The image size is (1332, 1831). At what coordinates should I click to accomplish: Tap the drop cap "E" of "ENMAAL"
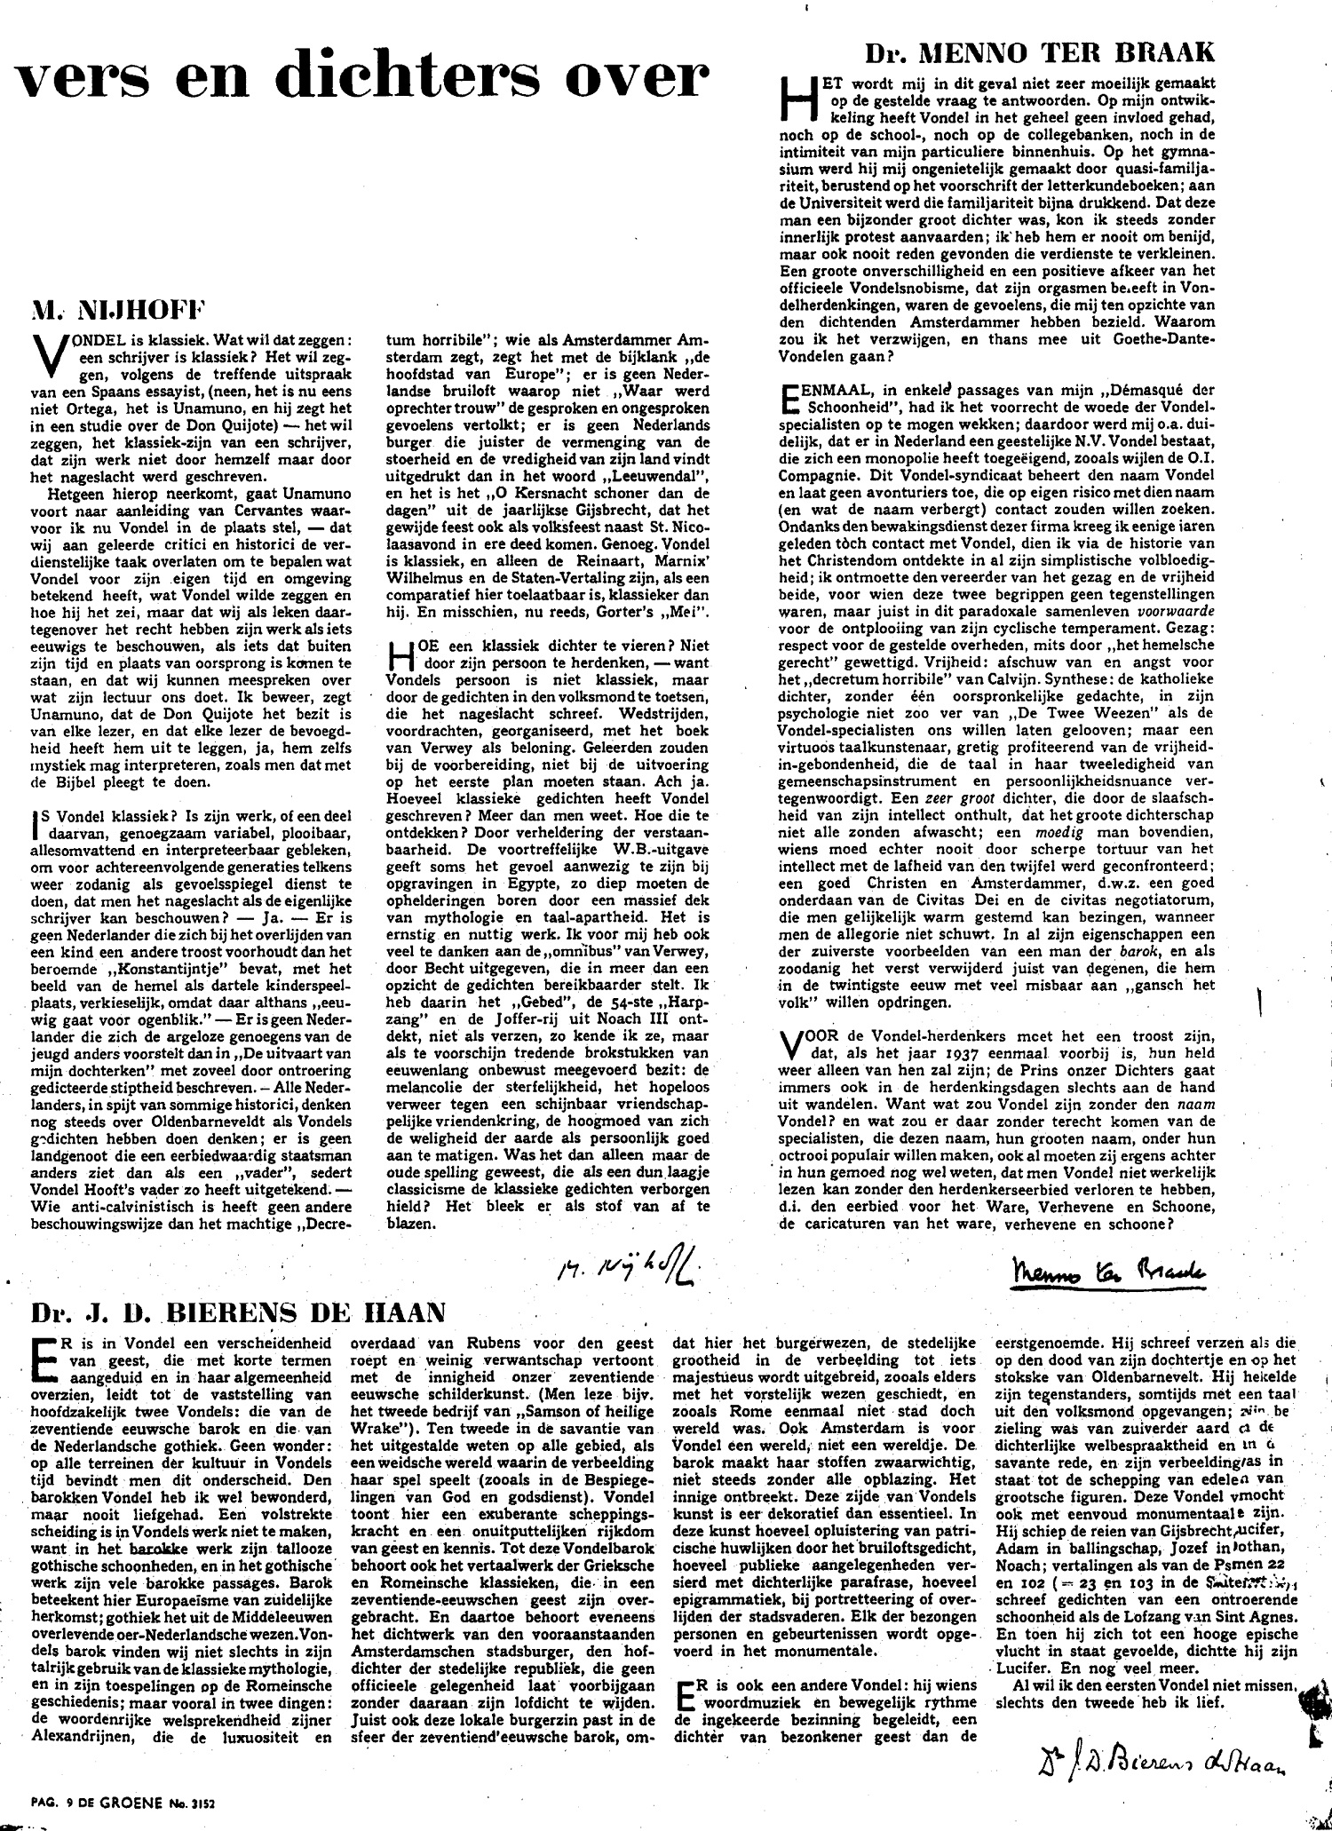(x=788, y=397)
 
